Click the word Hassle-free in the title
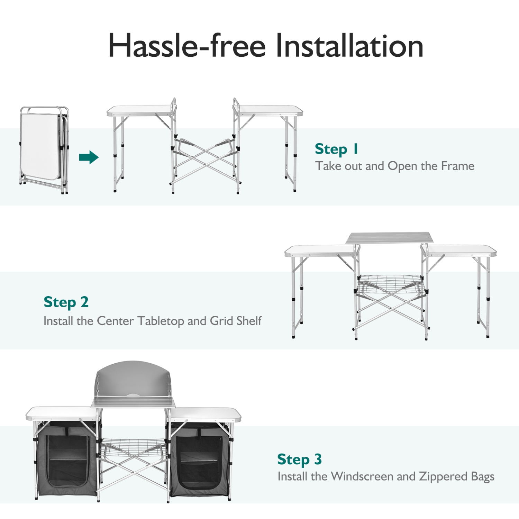187,46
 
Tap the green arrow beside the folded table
89,157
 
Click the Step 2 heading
66,302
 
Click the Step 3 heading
299,459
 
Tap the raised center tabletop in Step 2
389,238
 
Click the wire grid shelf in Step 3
133,446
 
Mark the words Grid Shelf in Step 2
236,321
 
